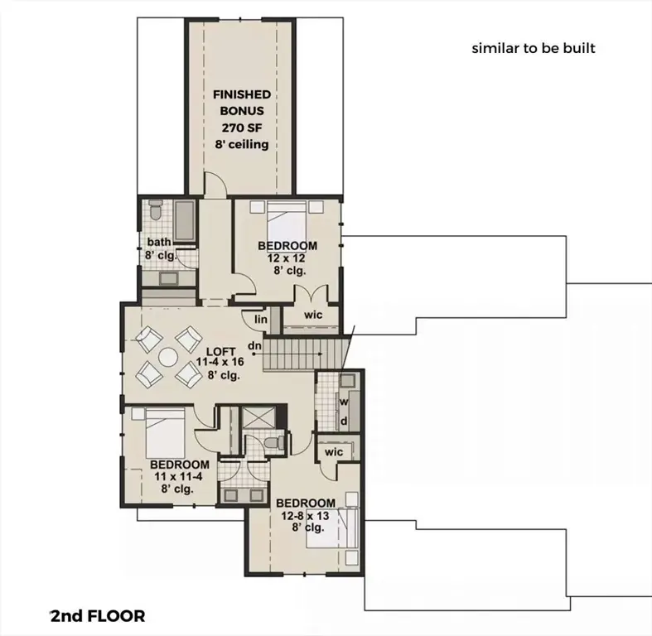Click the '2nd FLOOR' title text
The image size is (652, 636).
pos(98,616)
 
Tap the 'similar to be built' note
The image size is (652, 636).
pos(534,48)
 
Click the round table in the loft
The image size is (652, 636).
pos(168,357)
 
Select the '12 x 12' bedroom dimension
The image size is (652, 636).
pos(287,258)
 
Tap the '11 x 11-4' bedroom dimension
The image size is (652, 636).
pos(179,477)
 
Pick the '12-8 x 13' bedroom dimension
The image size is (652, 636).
pos(305,515)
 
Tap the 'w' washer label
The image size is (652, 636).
pos(343,402)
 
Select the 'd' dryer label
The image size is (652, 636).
pos(343,422)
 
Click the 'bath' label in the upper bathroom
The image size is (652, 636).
pos(159,242)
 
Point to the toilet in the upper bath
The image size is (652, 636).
pos(156,213)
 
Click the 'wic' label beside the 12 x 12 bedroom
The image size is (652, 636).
pos(312,315)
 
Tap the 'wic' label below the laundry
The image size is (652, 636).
pos(334,452)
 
